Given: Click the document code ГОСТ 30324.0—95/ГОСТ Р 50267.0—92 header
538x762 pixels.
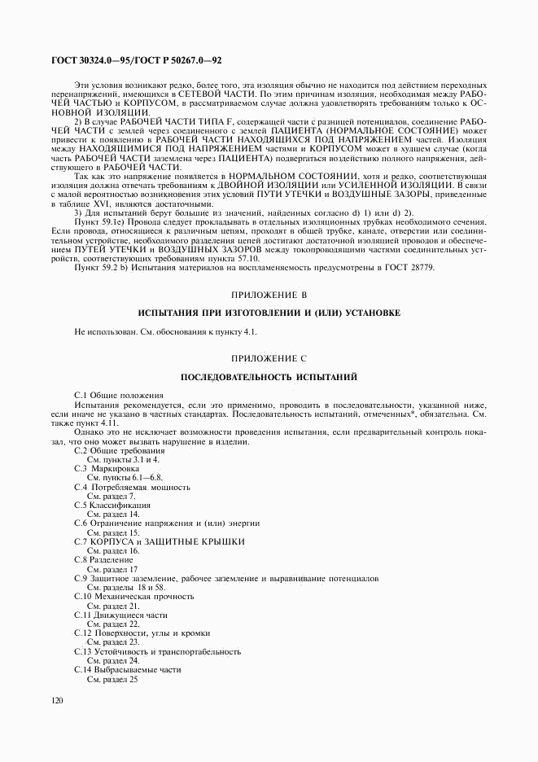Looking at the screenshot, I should coord(136,60).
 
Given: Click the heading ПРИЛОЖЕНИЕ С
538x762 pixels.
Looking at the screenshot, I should coord(269,357).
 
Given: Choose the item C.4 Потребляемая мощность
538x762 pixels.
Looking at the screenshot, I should coord(132,487).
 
